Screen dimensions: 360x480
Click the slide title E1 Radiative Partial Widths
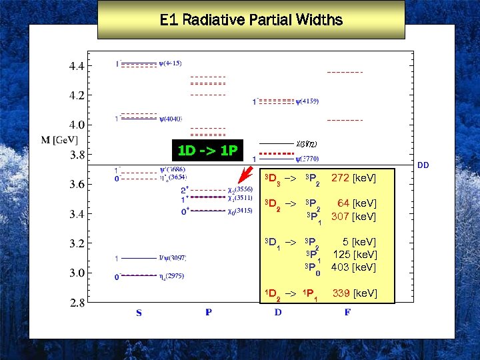pyautogui.click(x=251, y=19)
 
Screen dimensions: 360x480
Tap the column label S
pyautogui.click(x=139, y=313)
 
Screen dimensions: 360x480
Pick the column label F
pyautogui.click(x=347, y=313)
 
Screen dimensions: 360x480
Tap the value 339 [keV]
pyautogui.click(x=355, y=293)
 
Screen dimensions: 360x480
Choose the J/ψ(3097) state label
pyautogui.click(x=172, y=257)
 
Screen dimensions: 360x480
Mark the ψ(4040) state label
pyautogui.click(x=171, y=119)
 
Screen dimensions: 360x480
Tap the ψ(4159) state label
pyautogui.click(x=307, y=102)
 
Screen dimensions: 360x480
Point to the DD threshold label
pyautogui.click(x=423, y=165)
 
